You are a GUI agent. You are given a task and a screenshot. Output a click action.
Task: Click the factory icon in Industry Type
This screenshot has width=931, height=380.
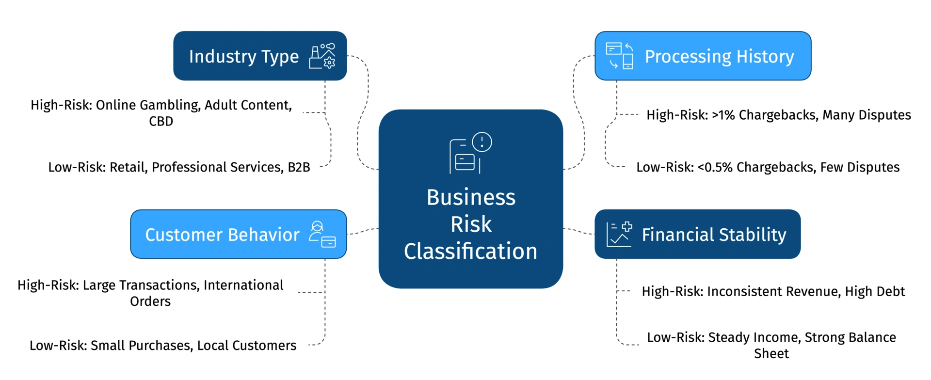point(322,56)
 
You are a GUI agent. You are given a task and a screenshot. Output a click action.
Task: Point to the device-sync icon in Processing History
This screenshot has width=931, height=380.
point(619,56)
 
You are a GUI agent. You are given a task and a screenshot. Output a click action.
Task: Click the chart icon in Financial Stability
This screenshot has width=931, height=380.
point(619,235)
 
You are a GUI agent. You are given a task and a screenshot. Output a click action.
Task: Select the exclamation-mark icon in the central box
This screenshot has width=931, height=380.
point(482,142)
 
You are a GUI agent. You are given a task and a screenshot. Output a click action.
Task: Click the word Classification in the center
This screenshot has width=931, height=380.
point(470,252)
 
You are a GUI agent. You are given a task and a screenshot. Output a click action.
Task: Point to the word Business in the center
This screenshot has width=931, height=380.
point(470,197)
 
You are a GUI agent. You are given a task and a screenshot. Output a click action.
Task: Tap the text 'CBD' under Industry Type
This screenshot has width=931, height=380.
point(161,121)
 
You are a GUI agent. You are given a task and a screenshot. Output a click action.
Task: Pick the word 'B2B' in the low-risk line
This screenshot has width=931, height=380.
point(299,167)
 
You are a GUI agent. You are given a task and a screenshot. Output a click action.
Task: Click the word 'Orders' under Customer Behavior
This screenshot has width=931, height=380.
point(150,301)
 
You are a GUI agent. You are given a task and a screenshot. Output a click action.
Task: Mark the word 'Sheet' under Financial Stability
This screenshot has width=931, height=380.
point(771,354)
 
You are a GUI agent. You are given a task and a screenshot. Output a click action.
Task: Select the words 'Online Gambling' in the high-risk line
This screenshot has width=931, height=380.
point(148,105)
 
